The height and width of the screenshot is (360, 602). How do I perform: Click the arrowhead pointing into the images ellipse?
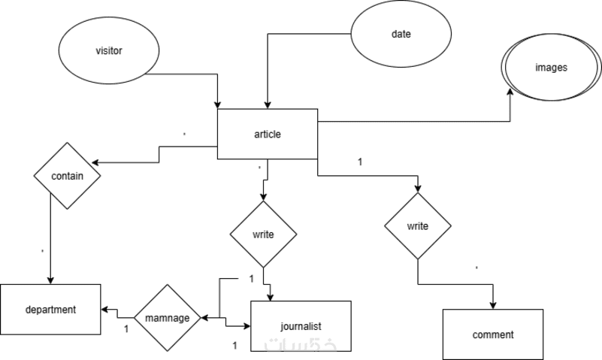(x=510, y=92)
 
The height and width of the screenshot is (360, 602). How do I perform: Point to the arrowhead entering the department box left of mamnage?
(x=104, y=310)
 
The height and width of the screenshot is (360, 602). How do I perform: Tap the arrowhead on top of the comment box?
(x=493, y=305)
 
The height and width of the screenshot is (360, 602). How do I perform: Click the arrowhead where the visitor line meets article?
(x=218, y=105)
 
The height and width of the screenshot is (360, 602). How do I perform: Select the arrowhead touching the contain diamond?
(x=95, y=163)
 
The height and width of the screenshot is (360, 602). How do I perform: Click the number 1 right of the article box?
(x=360, y=162)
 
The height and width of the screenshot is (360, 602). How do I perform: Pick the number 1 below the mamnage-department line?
(x=126, y=329)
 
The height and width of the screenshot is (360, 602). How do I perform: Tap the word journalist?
(x=301, y=326)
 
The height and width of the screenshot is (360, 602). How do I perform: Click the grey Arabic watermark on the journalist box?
(x=300, y=344)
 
